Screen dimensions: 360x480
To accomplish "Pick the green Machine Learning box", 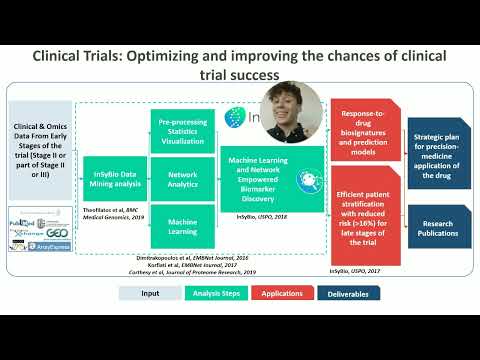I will tap(181, 225).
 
